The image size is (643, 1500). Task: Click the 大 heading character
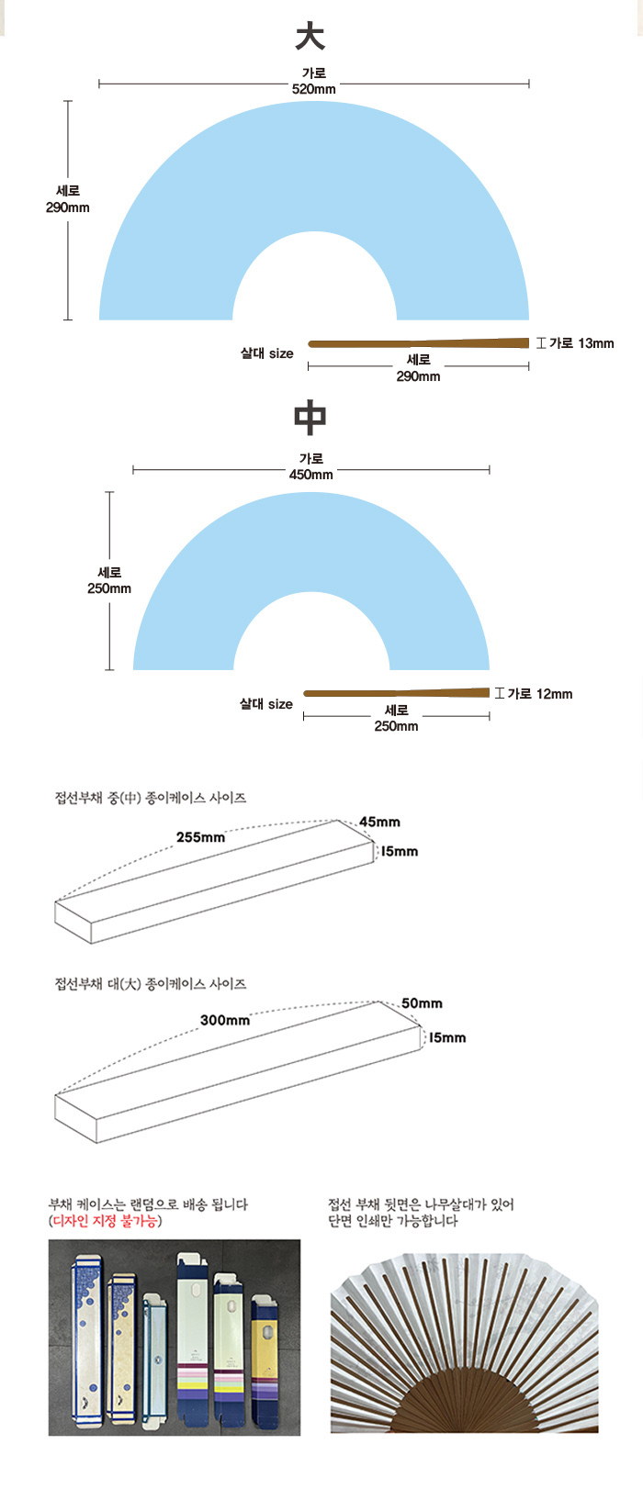point(310,36)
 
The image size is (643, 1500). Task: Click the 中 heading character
point(310,417)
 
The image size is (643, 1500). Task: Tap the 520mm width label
point(313,89)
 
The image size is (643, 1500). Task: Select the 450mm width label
point(310,475)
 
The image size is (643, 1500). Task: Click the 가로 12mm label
point(540,694)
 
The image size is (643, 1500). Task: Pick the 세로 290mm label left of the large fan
point(68,199)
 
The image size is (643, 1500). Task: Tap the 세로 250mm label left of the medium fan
point(109,580)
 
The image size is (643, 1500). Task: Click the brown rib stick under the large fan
point(419,343)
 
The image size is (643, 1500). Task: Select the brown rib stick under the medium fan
point(397,693)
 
